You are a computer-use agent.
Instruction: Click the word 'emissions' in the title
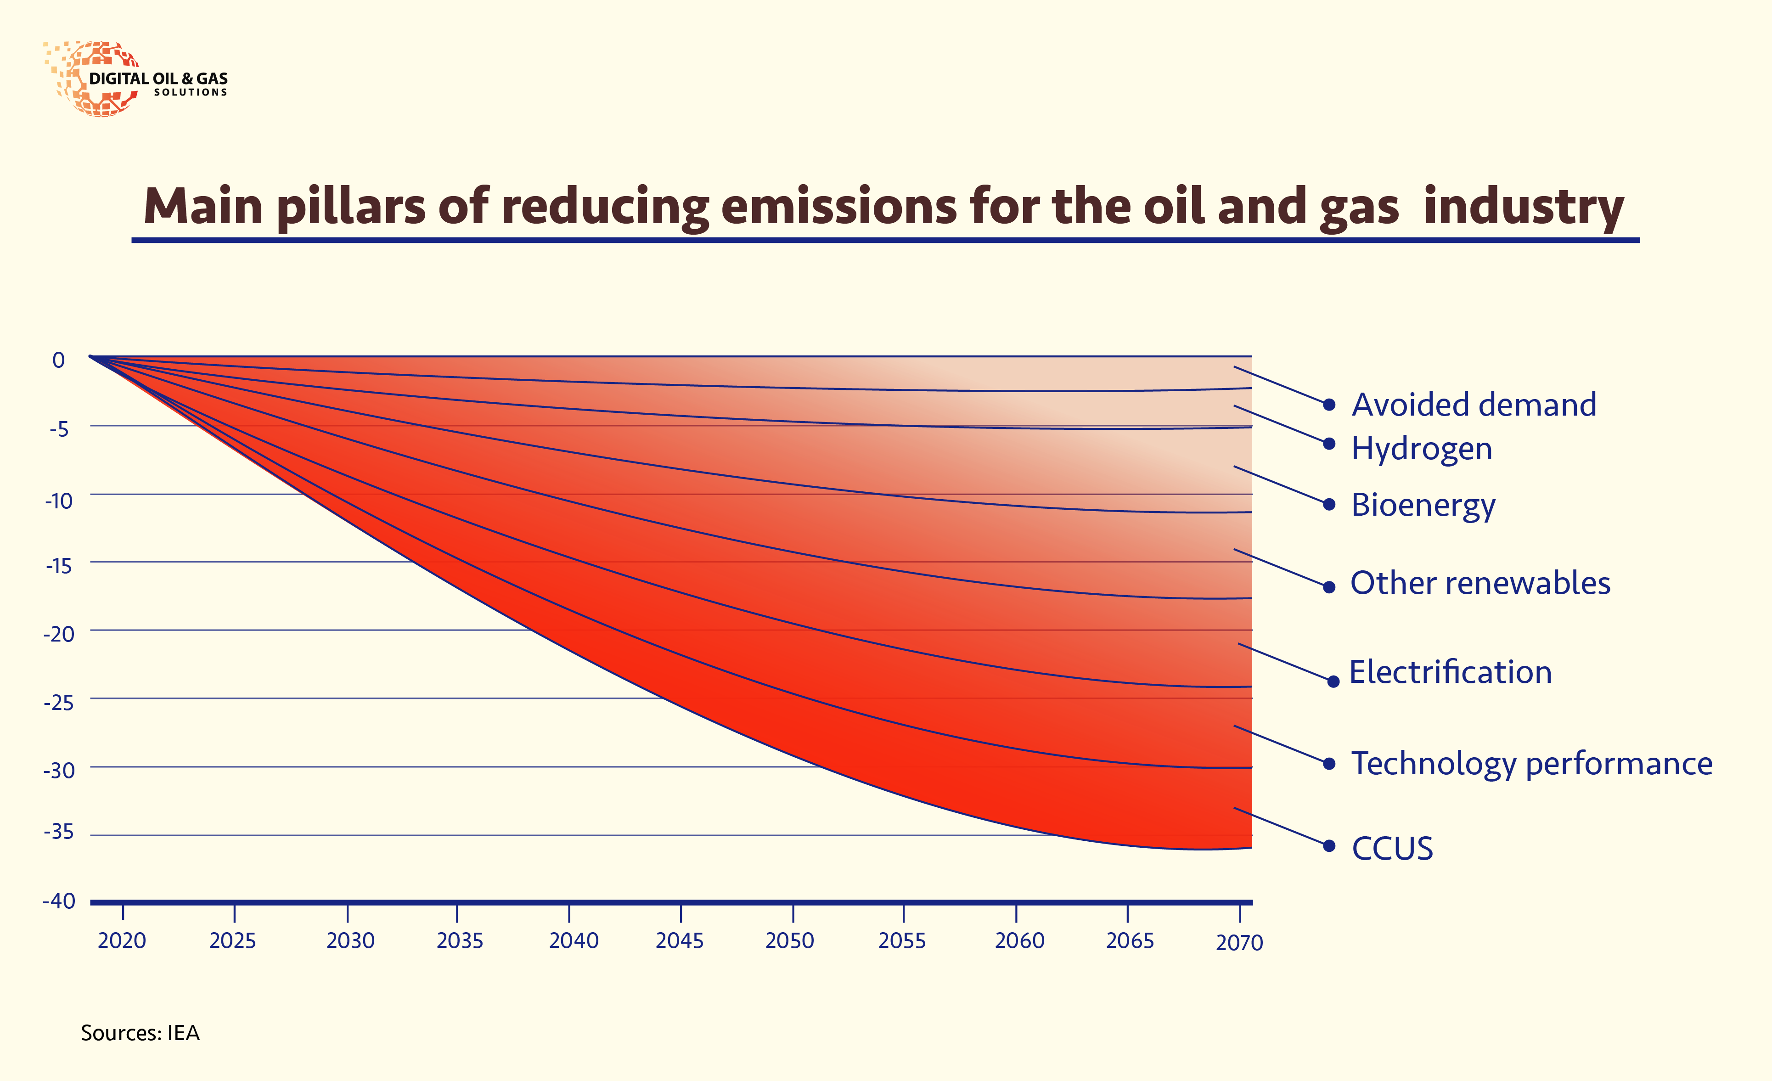coord(838,206)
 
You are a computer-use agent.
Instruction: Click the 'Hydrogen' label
coord(1422,449)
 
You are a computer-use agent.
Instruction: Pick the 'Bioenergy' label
coord(1423,505)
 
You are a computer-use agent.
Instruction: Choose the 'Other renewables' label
coord(1480,583)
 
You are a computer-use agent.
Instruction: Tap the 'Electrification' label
coord(1450,672)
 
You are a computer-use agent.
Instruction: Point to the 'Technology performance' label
coord(1532,764)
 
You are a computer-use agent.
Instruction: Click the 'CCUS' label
coord(1392,849)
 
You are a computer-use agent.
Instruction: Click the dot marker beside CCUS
coord(1329,846)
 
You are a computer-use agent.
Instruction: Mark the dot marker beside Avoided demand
coord(1329,405)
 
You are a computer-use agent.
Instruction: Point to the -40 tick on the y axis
coord(59,901)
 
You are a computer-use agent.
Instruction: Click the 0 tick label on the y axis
coord(59,360)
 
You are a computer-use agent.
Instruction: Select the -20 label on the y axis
coord(59,634)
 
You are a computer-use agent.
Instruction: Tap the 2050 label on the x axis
coord(790,941)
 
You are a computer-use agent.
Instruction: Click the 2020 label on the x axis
coord(122,941)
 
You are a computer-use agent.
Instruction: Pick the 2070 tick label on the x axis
coord(1239,942)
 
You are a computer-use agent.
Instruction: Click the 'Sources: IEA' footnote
coord(140,1033)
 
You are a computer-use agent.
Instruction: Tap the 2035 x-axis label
coord(460,941)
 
